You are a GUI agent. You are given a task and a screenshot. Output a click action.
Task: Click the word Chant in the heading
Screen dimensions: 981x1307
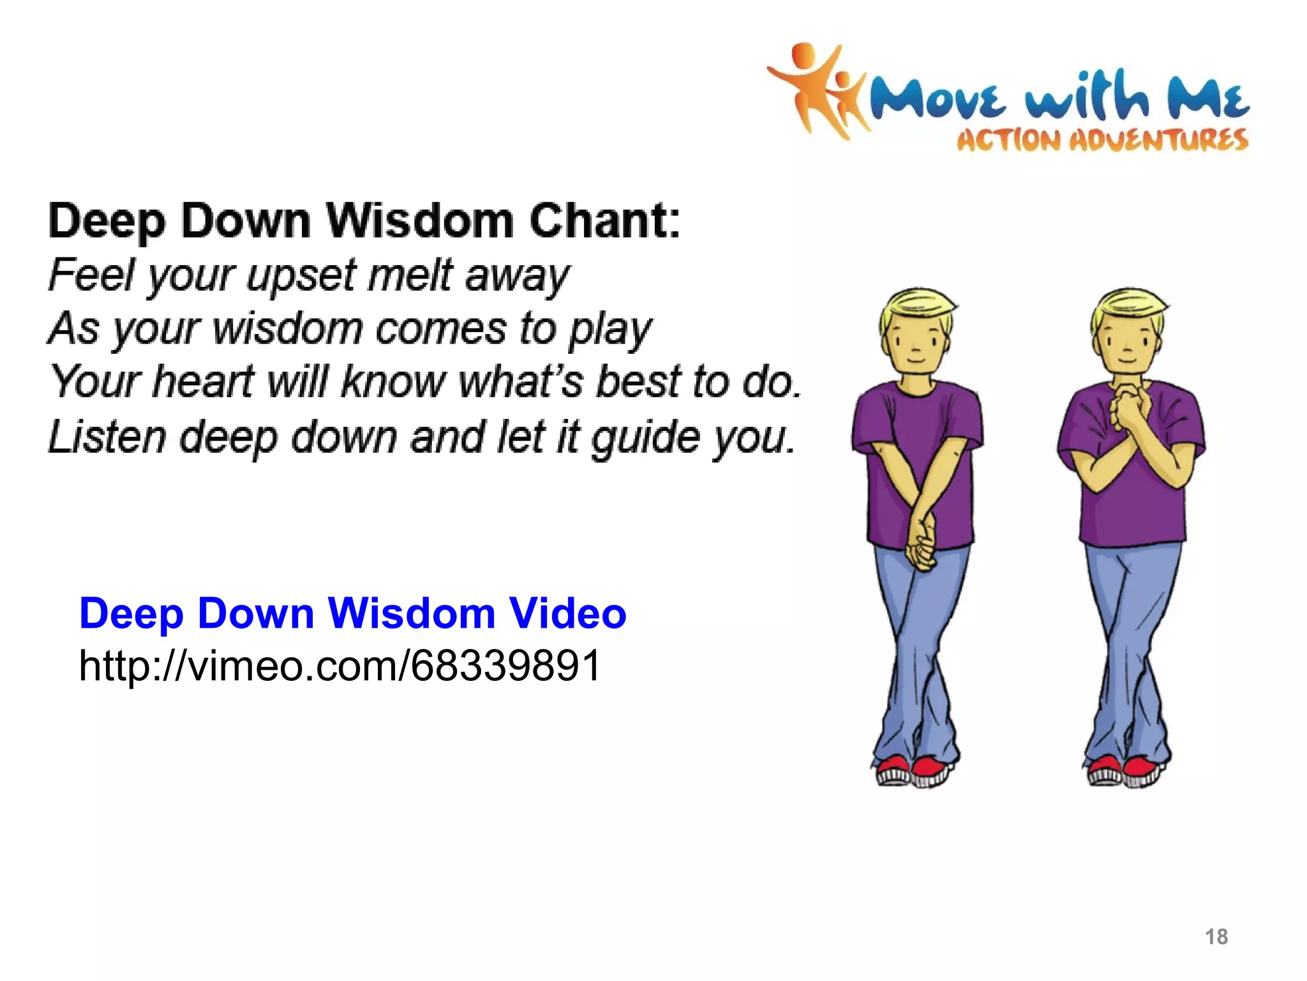(604, 220)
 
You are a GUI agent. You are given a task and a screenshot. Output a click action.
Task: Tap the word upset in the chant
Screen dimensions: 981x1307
(302, 277)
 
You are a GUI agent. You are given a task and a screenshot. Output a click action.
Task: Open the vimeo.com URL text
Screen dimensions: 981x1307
(340, 665)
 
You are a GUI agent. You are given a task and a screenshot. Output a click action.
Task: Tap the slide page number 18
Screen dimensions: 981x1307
(1216, 937)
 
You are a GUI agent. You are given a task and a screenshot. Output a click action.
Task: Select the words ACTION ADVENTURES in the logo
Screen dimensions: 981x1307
(1102, 140)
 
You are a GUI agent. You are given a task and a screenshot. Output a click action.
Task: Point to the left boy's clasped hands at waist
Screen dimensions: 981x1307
(920, 547)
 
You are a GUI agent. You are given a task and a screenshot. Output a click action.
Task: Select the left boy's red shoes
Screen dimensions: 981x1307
(913, 770)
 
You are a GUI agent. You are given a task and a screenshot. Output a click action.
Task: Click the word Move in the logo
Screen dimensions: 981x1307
(938, 99)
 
